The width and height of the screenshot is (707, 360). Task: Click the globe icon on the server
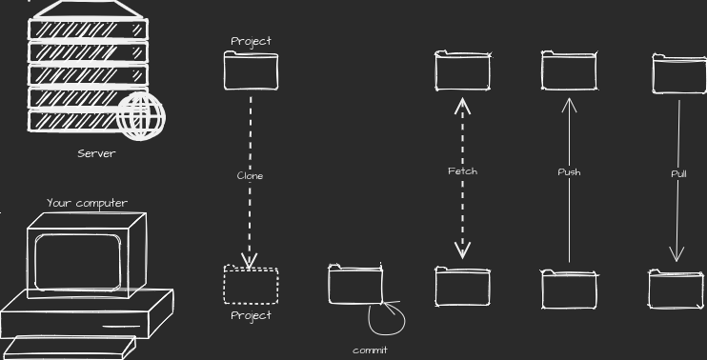click(141, 117)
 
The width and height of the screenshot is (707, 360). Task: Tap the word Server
click(96, 153)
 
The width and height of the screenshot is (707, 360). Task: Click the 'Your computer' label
click(87, 203)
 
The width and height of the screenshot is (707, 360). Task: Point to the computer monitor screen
click(77, 257)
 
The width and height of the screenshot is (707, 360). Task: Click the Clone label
click(250, 176)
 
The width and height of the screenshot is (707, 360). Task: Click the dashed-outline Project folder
click(251, 286)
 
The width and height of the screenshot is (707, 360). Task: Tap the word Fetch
click(462, 171)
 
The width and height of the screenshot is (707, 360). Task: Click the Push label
click(569, 172)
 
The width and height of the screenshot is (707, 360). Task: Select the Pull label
click(678, 174)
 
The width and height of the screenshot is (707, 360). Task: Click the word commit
click(370, 350)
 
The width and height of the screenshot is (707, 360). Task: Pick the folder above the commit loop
click(355, 285)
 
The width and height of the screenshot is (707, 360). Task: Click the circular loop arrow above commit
click(386, 318)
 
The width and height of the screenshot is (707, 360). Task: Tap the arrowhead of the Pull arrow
click(677, 255)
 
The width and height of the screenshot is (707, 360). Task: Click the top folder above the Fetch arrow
click(463, 71)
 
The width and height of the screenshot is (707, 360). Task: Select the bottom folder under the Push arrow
click(570, 290)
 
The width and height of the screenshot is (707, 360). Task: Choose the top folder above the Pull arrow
click(678, 74)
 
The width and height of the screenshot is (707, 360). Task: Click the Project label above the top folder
click(251, 41)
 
